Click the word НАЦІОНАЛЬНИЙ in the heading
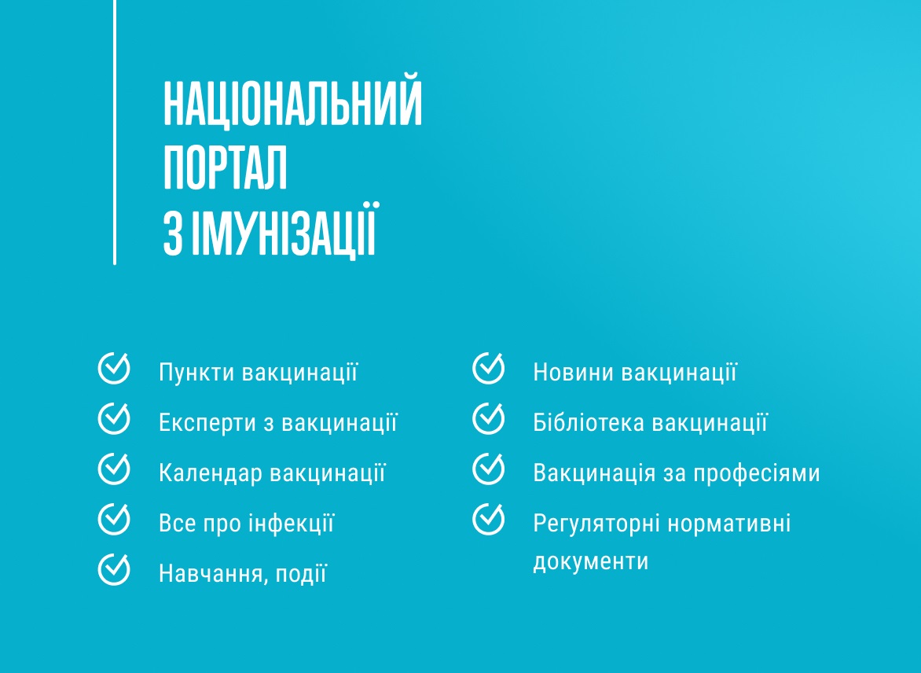[292, 103]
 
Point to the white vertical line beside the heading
[115, 134]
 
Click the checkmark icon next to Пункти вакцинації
[114, 368]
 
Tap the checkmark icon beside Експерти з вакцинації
[114, 418]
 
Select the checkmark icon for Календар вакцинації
[114, 469]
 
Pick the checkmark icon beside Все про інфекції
[114, 519]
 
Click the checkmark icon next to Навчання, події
[114, 569]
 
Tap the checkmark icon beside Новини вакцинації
[488, 368]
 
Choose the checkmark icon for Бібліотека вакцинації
[488, 418]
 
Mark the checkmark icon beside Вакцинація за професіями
[488, 469]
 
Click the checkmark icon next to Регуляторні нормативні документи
[488, 519]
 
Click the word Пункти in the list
[196, 373]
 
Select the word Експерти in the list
[207, 423]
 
